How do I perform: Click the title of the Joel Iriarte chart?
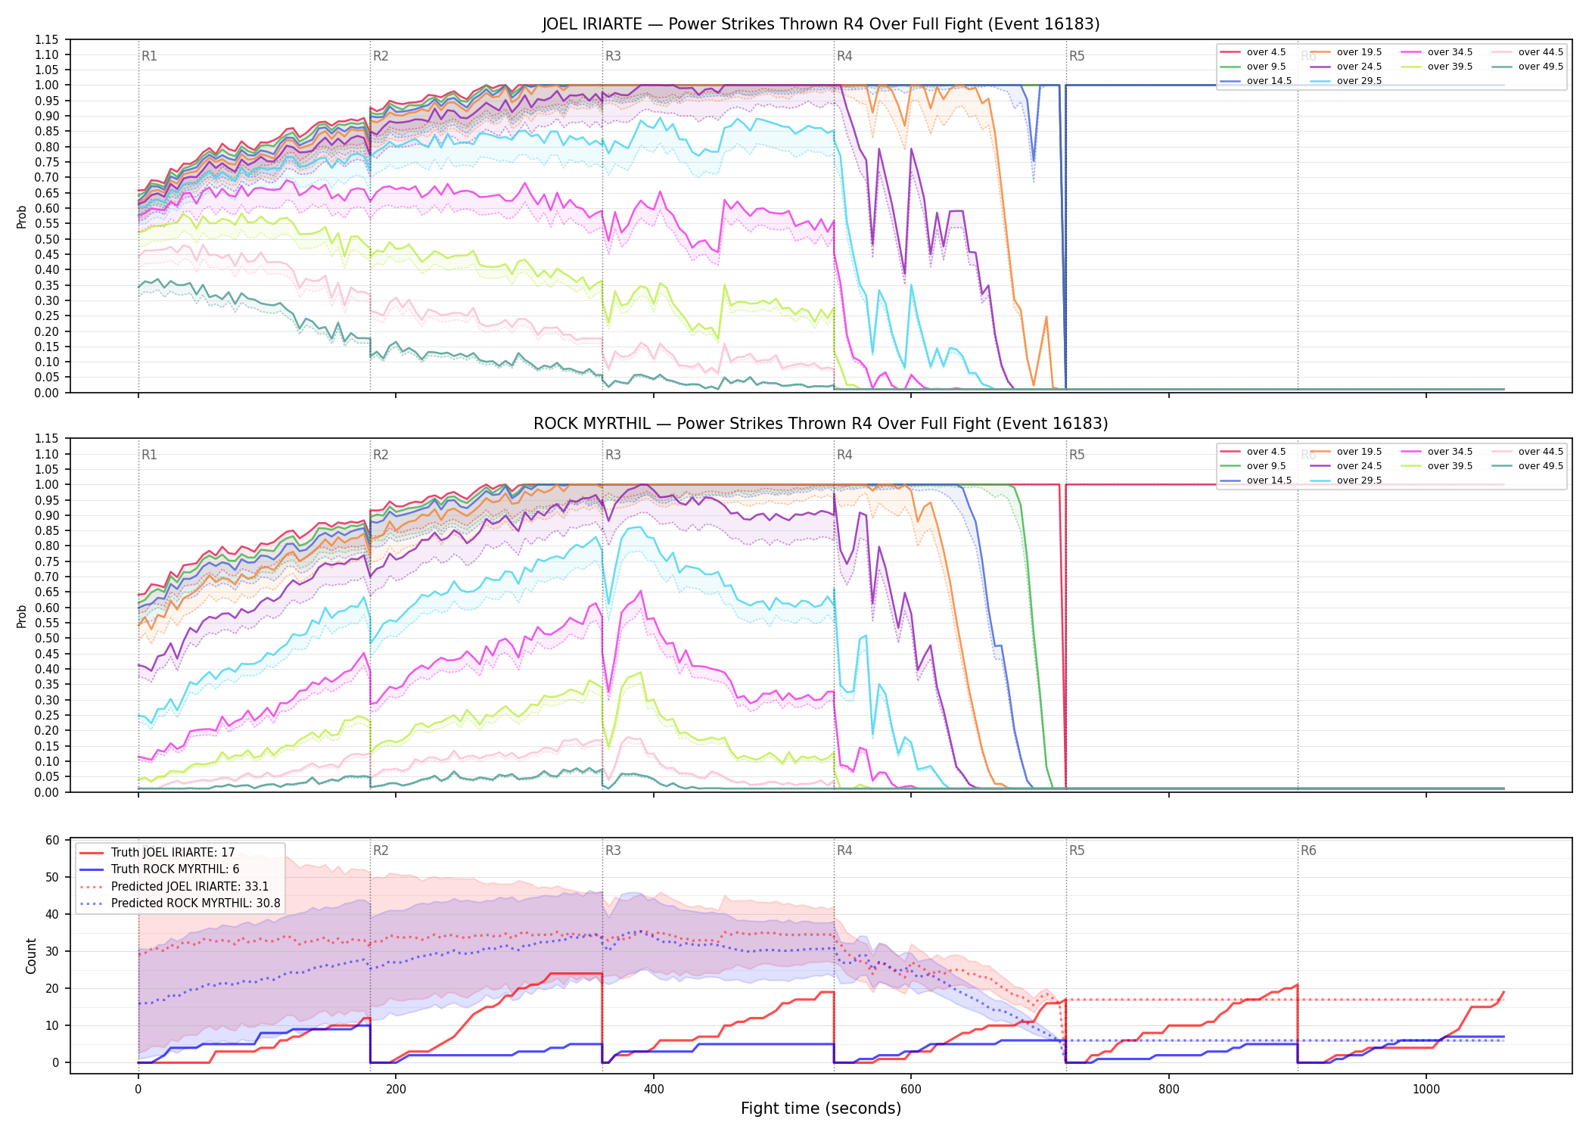[821, 24]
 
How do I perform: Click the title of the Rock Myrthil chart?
[821, 424]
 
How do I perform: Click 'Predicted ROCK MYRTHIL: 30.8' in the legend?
[180, 903]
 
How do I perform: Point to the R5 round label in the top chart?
[1077, 56]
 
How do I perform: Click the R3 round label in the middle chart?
[613, 455]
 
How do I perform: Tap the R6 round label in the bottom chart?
[1308, 850]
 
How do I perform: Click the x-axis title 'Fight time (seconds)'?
[821, 1109]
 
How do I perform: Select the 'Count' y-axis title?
[31, 956]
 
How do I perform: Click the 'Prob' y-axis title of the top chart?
[22, 217]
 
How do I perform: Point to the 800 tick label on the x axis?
[1169, 1090]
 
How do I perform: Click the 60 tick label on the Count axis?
[52, 841]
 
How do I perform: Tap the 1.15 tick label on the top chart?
[47, 39]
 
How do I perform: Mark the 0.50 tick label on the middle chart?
[47, 639]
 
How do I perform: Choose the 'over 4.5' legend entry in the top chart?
[1256, 52]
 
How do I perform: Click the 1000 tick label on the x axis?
[1426, 1090]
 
